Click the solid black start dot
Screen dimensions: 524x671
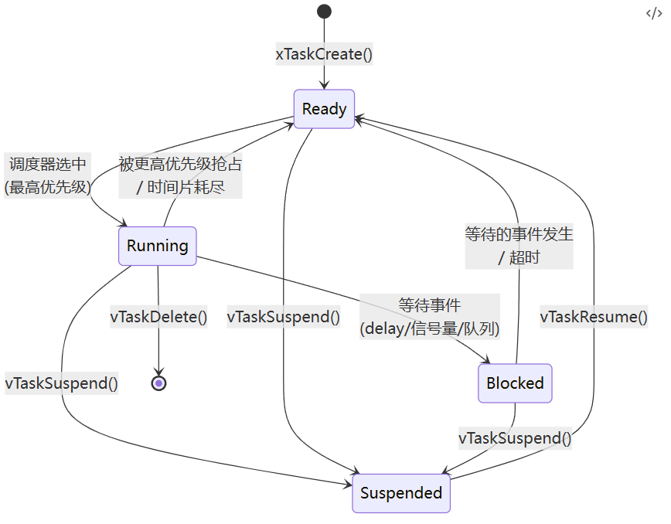coord(324,11)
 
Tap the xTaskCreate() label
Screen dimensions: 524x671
coord(325,54)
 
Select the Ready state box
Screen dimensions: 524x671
coord(324,109)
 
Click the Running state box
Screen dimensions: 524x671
coord(158,246)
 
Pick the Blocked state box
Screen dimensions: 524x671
coord(515,383)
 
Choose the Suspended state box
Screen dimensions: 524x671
coord(401,493)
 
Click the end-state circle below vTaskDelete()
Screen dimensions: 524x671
coord(158,383)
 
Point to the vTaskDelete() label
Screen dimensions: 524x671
coord(159,316)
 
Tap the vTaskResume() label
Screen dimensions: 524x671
coord(594,316)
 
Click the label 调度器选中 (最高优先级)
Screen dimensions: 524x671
coord(48,175)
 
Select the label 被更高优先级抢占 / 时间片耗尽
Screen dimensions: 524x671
coord(180,175)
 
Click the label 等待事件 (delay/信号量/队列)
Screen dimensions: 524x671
coord(430,316)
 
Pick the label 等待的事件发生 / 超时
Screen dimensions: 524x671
coord(519,245)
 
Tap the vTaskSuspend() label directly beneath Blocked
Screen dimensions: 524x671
coord(515,438)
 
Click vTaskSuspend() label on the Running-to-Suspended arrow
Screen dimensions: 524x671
coord(62,383)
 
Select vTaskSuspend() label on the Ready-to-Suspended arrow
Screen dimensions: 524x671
coord(284,316)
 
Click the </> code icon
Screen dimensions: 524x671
coord(653,13)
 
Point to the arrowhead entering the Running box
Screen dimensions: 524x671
coord(123,223)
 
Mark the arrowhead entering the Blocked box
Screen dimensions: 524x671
coord(487,360)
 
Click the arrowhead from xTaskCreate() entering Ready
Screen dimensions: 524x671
coord(324,85)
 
